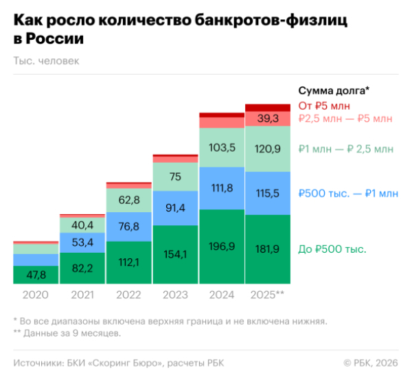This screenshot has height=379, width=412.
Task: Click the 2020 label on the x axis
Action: coord(36,295)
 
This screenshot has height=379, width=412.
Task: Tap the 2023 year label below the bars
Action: coord(175,295)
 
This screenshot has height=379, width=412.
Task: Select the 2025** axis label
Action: coord(268,295)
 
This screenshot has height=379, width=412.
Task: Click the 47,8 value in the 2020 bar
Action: coord(36,274)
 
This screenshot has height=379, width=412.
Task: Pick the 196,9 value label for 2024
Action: coord(222,246)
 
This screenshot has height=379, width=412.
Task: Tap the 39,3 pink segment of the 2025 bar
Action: coord(268,119)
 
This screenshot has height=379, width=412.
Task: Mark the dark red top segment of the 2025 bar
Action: coord(268,107)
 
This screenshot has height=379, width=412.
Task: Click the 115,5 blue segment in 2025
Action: coord(268,194)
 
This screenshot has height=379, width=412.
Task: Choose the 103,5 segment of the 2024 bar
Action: coord(222,148)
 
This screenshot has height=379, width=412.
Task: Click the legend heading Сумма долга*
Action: coord(334,91)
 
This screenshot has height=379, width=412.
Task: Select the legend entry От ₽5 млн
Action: coord(324,105)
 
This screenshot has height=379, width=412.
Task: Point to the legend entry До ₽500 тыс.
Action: coord(332,249)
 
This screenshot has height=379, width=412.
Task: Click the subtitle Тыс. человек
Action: coord(46,60)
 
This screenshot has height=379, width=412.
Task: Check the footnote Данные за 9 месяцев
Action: coord(72,333)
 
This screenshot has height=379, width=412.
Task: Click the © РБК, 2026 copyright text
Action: coord(370,363)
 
